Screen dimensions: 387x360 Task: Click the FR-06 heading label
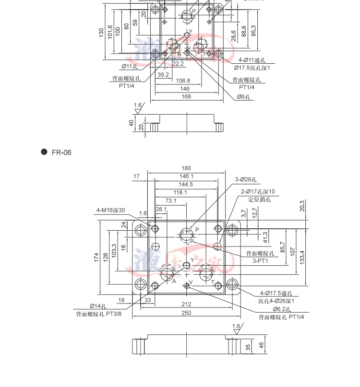(x=61, y=152)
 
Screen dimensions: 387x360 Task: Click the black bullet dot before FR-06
(x=44, y=152)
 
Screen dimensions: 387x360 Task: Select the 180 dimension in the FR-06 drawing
(x=186, y=168)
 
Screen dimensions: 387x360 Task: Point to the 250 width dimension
(x=186, y=313)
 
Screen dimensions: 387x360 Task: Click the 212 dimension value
(x=186, y=304)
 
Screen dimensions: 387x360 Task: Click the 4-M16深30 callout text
(x=110, y=210)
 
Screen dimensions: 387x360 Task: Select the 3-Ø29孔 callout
(x=246, y=180)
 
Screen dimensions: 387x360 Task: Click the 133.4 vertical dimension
(x=302, y=257)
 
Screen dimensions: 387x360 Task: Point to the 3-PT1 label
(x=260, y=261)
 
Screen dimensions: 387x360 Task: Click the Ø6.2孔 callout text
(x=281, y=309)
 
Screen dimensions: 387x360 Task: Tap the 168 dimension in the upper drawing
(x=186, y=96)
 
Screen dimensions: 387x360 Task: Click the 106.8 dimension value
(x=182, y=81)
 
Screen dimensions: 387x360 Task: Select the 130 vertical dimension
(x=101, y=33)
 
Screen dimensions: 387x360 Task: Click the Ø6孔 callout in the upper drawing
(x=244, y=96)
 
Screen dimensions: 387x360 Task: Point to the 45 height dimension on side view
(x=261, y=345)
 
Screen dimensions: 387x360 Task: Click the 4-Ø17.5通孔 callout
(x=276, y=293)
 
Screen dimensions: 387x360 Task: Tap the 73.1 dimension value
(x=171, y=200)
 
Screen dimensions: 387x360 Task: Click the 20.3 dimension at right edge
(x=302, y=206)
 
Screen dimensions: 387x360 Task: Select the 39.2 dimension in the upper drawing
(x=163, y=74)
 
